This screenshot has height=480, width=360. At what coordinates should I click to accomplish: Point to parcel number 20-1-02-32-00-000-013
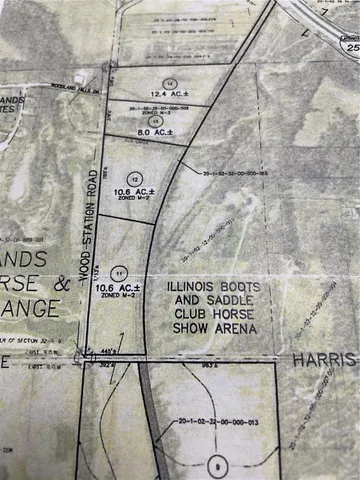214,423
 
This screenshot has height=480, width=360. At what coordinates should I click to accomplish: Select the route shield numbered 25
351,46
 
